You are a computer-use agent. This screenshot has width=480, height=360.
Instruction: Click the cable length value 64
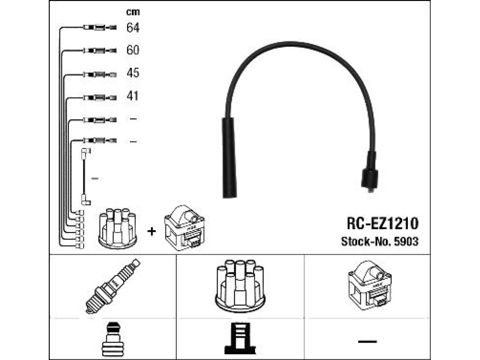click(133, 28)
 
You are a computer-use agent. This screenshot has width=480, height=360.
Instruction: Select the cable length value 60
click(133, 50)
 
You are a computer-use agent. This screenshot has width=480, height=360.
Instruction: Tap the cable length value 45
click(133, 73)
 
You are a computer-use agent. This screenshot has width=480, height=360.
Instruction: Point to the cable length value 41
click(133, 96)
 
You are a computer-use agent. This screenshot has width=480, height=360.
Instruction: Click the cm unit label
click(133, 12)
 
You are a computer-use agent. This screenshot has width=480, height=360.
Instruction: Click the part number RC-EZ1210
click(382, 224)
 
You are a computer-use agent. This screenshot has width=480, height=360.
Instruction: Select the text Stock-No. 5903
click(380, 241)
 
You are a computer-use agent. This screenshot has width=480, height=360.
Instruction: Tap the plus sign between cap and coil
click(151, 231)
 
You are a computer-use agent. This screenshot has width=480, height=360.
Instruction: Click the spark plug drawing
click(112, 286)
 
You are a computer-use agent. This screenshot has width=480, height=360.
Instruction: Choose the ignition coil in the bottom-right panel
click(369, 285)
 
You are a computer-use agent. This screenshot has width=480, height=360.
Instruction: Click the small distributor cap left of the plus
click(118, 228)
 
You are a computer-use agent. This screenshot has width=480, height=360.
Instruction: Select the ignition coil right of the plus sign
click(184, 227)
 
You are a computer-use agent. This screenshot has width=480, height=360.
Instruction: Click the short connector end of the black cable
click(370, 173)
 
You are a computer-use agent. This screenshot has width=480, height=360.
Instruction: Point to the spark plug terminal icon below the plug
click(113, 340)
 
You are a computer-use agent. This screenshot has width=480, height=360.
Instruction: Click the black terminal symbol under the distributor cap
click(240, 338)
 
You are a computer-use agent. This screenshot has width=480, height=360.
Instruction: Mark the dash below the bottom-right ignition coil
click(367, 341)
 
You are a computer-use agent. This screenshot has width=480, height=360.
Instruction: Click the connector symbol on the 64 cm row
click(100, 28)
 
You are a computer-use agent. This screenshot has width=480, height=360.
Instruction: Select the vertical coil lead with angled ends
click(85, 177)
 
